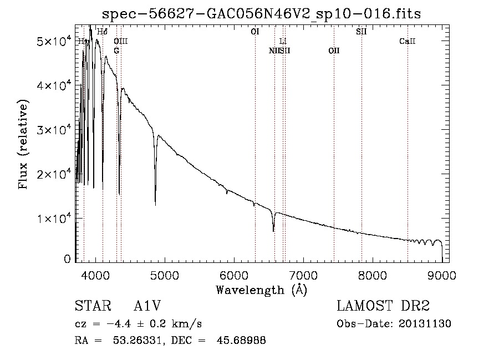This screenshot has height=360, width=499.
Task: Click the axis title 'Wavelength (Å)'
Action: coord(262,290)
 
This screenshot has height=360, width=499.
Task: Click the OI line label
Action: coord(254,32)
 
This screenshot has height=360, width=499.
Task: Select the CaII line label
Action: coord(408,42)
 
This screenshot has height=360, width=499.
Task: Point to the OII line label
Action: coord(334,51)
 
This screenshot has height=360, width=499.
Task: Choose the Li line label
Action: coord(283,42)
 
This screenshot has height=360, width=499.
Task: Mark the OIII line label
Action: coord(121,42)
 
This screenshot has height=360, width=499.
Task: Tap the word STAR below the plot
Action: coord(89,306)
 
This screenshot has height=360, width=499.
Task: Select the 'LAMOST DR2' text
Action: coord(383,306)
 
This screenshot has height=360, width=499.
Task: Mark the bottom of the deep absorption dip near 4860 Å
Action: coord(155,205)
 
